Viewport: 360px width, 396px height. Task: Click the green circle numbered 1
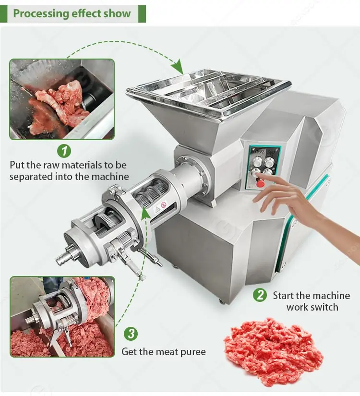(64, 151)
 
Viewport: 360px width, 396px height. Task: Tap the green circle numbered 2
(260, 295)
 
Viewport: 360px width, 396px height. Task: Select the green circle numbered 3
(131, 334)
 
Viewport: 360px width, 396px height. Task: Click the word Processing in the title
(41, 13)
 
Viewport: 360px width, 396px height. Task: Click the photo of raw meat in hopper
(62, 99)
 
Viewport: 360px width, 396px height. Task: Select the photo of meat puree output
(62, 316)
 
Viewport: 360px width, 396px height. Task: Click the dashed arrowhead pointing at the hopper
(178, 67)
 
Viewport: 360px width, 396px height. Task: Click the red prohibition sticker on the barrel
(164, 204)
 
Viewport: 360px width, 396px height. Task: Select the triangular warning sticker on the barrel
(157, 209)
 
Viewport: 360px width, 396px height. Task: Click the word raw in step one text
(51, 166)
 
